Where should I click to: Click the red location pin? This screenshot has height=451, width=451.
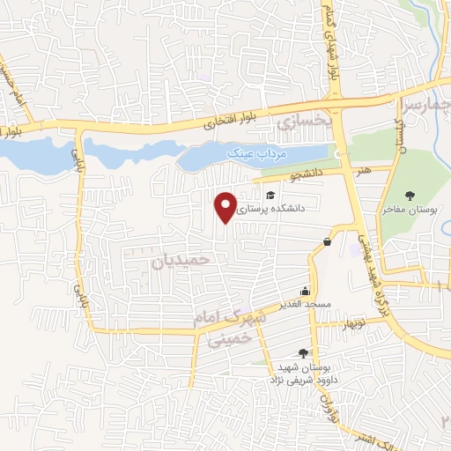226,206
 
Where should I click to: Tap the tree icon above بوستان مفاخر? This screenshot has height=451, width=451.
410,195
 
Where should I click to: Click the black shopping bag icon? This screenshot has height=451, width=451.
328,241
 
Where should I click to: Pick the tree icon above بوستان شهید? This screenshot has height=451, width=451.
304,351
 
